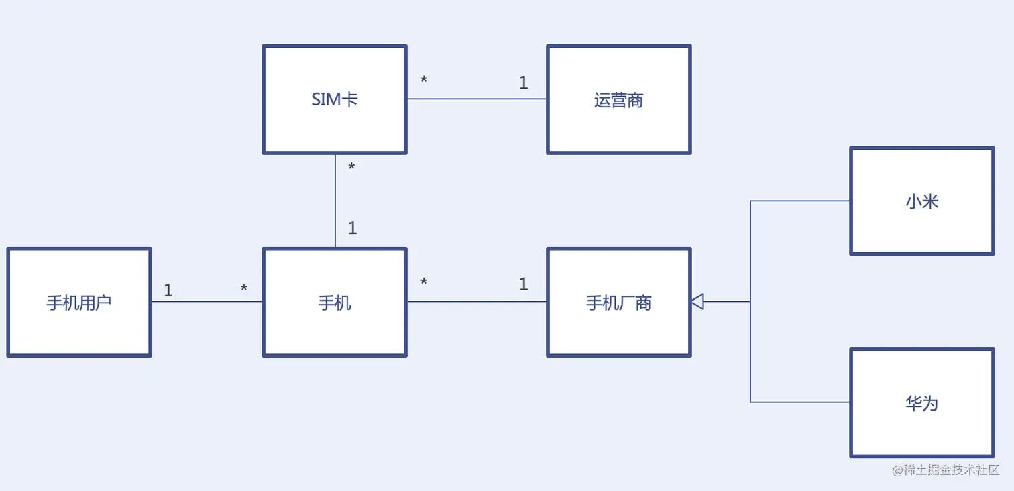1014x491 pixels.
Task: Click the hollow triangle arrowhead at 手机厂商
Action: pos(697,302)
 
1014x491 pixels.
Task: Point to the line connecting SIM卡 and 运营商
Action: pos(476,99)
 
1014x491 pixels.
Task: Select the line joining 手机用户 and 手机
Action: pos(207,302)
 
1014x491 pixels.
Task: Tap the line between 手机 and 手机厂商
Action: pos(476,302)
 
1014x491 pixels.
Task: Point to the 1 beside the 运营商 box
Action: pos(523,83)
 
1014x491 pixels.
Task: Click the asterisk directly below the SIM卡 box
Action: pos(351,167)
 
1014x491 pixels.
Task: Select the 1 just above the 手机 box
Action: pos(352,228)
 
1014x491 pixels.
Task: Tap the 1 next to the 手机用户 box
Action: pos(168,290)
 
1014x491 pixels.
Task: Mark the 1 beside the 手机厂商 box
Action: pos(523,284)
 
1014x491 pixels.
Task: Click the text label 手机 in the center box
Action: pos(334,303)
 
